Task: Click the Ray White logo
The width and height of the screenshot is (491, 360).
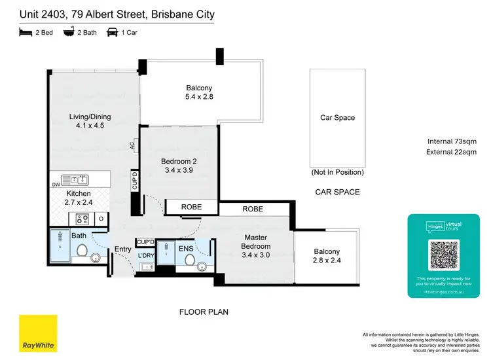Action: (x=37, y=333)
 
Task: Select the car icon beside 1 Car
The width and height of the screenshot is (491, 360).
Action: (x=112, y=31)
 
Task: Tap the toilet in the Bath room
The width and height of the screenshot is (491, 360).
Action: (x=83, y=249)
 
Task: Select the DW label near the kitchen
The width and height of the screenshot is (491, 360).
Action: (x=56, y=185)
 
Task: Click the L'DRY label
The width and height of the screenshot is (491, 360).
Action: (x=146, y=255)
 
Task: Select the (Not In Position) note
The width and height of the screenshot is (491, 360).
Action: (x=337, y=172)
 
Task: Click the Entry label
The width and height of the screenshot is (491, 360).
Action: (x=123, y=249)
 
